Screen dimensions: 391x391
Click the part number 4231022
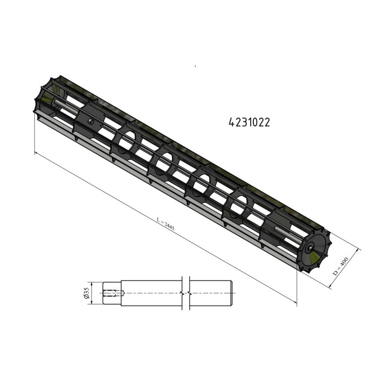(x=249, y=123)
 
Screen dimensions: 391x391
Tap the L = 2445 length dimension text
(x=166, y=224)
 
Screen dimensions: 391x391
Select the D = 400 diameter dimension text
(x=340, y=266)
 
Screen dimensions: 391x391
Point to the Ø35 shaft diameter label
(x=87, y=293)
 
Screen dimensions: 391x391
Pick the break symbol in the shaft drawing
(x=186, y=293)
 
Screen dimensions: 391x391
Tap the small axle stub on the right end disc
(x=310, y=248)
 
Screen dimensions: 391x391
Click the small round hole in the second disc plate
(x=91, y=121)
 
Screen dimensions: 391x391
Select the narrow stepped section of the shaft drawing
(x=112, y=293)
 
